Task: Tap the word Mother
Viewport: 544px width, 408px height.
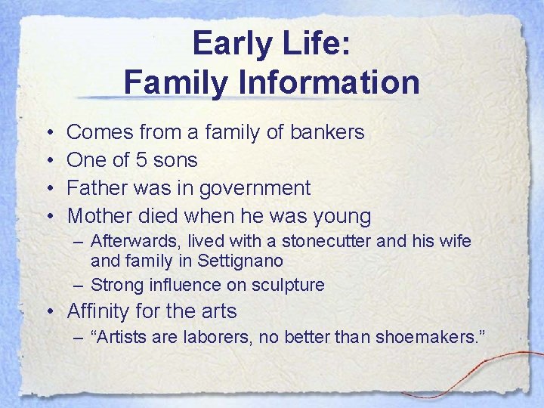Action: pyautogui.click(x=100, y=216)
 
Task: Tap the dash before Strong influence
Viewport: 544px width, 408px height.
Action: pyautogui.click(x=79, y=285)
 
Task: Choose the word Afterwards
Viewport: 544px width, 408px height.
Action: pyautogui.click(x=132, y=242)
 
